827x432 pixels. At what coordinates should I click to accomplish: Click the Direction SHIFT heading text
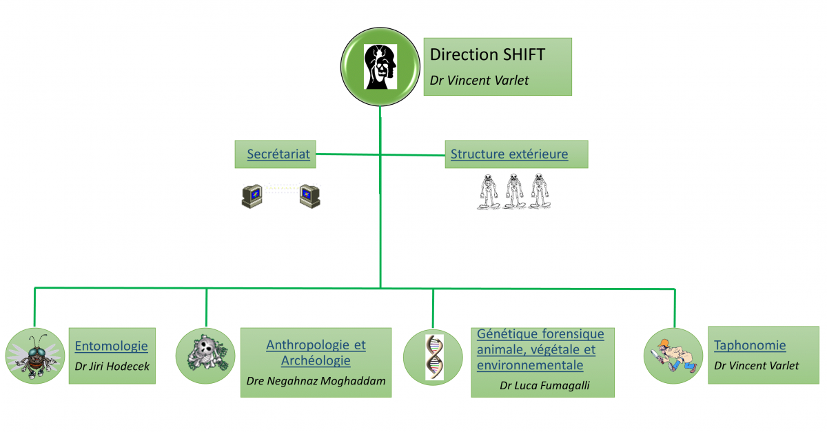[487, 54]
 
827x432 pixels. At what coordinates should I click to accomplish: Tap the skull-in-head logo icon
[380, 66]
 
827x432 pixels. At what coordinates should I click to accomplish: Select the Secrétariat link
[278, 154]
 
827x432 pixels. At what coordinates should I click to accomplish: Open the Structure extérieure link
[509, 154]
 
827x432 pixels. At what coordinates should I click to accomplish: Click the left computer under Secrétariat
[252, 196]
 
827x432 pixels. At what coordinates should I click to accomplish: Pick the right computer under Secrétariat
[309, 196]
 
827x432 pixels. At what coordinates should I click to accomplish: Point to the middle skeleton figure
[514, 192]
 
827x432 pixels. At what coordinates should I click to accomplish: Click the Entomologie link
[111, 346]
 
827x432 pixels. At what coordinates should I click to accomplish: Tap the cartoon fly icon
[34, 356]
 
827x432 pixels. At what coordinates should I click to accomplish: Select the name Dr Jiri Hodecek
[112, 367]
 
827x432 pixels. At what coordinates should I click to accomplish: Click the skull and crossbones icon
[206, 353]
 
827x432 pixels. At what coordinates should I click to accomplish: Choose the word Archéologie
[316, 360]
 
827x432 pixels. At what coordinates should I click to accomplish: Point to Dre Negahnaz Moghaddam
[316, 381]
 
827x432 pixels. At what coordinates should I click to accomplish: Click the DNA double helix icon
[434, 357]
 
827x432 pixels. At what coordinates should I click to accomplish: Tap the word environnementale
[530, 365]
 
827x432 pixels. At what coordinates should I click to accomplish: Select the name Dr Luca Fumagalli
[544, 385]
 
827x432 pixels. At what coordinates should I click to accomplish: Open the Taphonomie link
[750, 345]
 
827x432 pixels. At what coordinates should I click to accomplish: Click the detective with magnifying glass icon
[673, 356]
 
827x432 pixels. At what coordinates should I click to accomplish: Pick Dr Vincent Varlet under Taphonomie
[756, 366]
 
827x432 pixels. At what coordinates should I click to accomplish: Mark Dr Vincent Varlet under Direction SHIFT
[479, 80]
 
